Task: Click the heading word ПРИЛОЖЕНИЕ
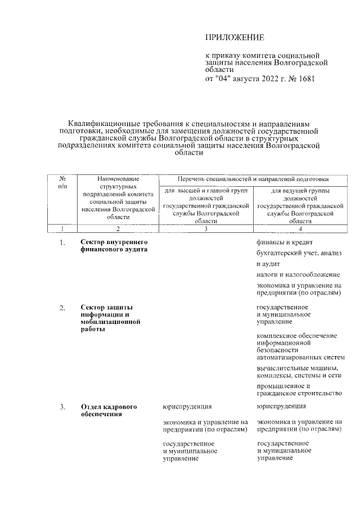235,38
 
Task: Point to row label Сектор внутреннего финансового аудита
110,246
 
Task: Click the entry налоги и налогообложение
298,274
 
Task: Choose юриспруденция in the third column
187,406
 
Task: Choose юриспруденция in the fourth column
281,406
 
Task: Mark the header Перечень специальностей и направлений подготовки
253,179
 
